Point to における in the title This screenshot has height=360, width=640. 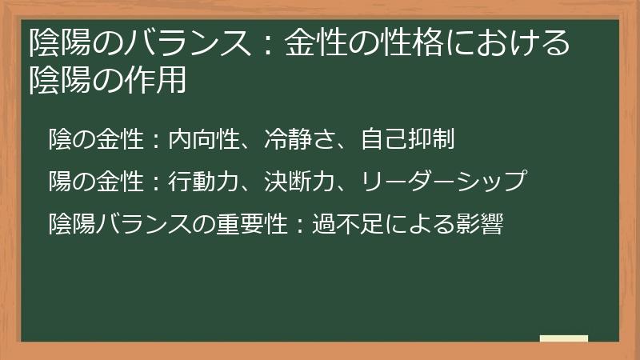point(503,42)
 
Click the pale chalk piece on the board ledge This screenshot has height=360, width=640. point(564,338)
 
